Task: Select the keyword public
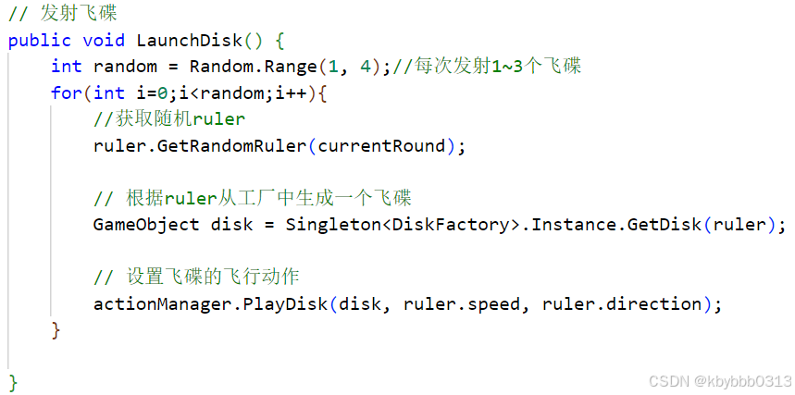[x=40, y=41]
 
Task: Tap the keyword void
[x=104, y=41]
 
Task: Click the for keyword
[x=67, y=93]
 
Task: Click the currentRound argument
[x=381, y=145]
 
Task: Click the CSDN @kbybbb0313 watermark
[x=719, y=381]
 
